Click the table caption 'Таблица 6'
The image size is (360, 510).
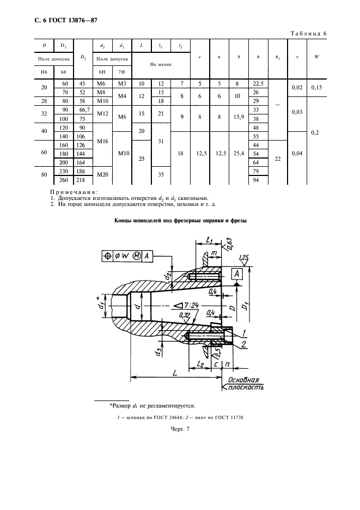(308, 33)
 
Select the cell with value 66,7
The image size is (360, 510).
(84, 110)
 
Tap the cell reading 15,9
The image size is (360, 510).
(239, 117)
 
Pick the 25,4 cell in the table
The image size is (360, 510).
(239, 154)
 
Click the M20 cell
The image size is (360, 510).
(103, 175)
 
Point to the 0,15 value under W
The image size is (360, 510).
(316, 88)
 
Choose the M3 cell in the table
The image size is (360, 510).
(122, 83)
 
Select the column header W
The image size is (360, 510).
(316, 57)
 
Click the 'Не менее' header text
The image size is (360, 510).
(161, 64)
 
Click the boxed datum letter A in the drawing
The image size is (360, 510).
(237, 274)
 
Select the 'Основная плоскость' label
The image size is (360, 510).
(243, 384)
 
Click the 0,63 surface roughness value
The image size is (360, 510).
(229, 244)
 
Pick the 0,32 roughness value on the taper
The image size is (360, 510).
(185, 315)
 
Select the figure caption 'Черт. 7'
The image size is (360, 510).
(180, 429)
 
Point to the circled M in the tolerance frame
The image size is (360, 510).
(137, 256)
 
